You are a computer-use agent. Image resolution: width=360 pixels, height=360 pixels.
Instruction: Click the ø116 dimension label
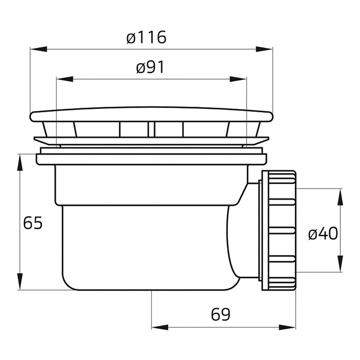(x=146, y=38)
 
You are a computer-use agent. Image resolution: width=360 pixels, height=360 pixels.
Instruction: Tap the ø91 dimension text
(x=150, y=67)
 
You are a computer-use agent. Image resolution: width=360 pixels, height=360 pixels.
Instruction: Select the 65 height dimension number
(x=33, y=223)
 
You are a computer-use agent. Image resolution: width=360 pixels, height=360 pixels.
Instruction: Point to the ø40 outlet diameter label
(x=323, y=234)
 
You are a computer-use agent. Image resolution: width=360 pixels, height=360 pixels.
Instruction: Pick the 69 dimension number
(x=221, y=314)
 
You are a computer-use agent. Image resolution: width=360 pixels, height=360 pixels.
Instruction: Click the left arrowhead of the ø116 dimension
(x=38, y=49)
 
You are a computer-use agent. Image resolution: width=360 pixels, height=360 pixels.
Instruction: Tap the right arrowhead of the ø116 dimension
(x=264, y=49)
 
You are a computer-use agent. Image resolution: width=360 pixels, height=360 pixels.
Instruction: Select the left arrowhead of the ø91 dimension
(x=65, y=79)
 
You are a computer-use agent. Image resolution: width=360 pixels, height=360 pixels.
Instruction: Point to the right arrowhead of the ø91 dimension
(x=238, y=79)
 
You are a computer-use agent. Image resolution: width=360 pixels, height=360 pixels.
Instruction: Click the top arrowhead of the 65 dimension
(x=20, y=162)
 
